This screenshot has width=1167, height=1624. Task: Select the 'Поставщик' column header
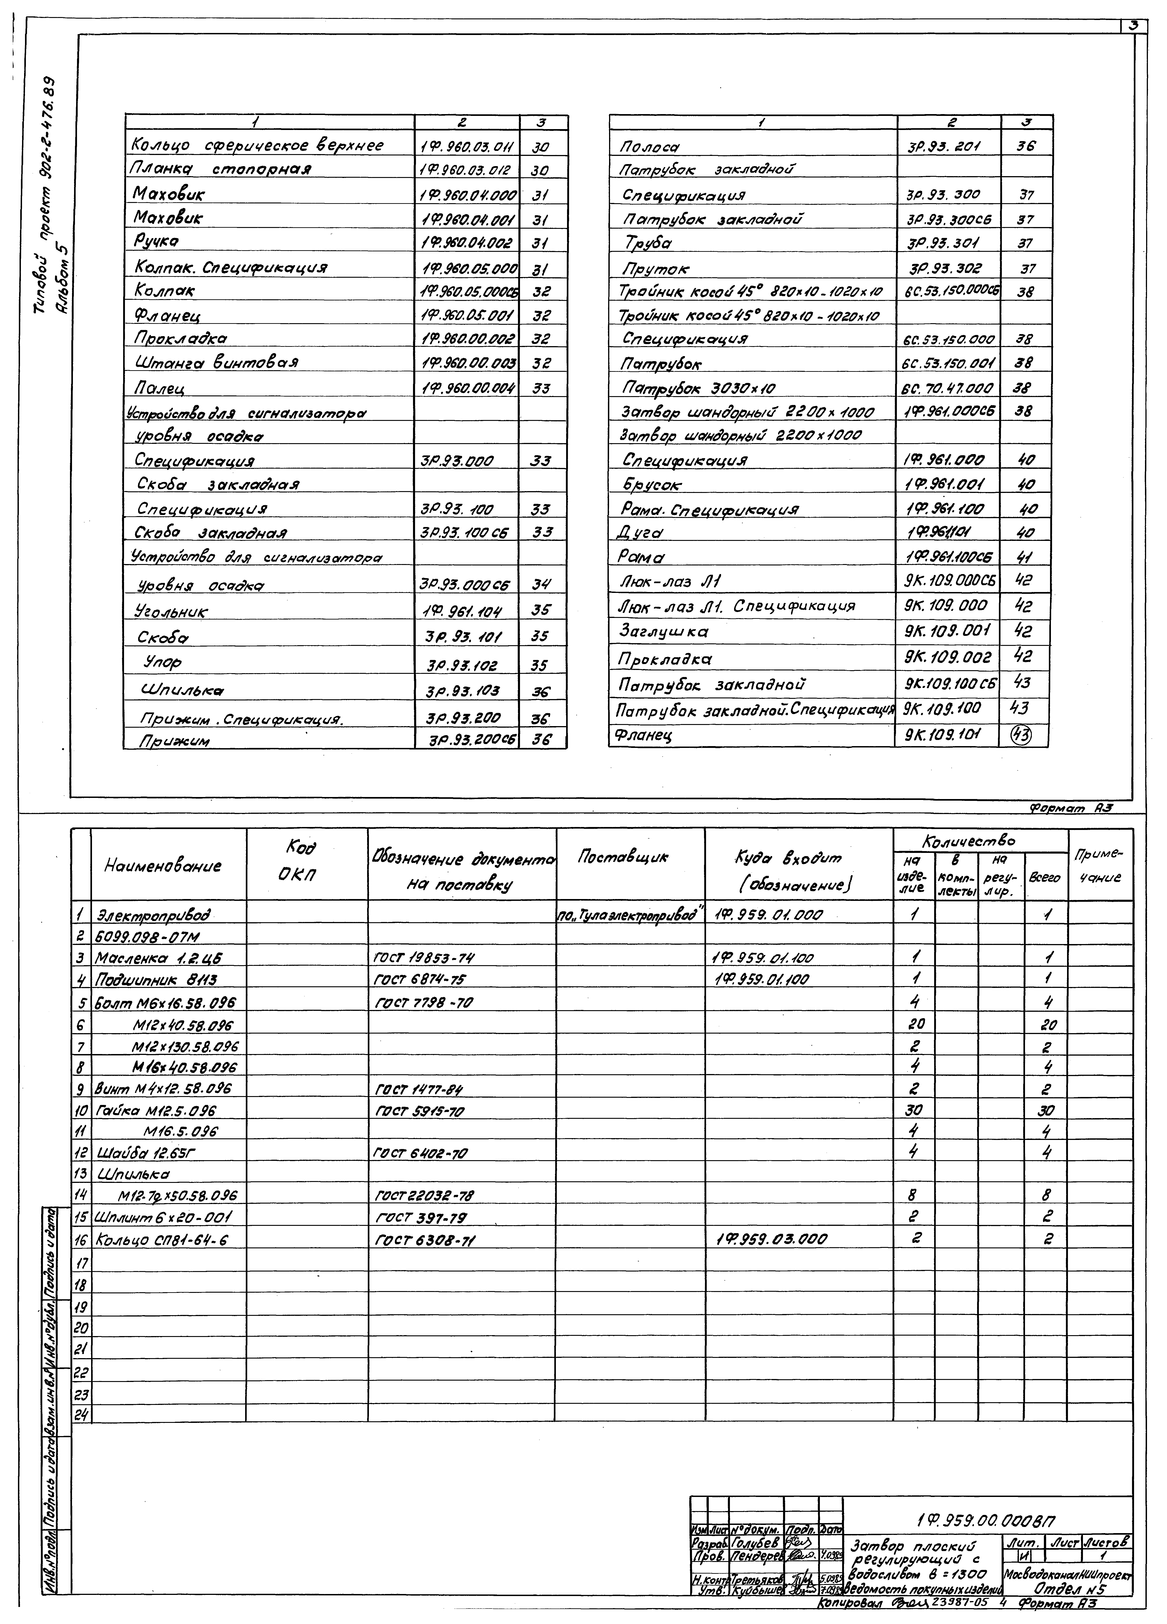pyautogui.click(x=622, y=856)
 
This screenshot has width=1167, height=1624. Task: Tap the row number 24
pyautogui.click(x=81, y=1414)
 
